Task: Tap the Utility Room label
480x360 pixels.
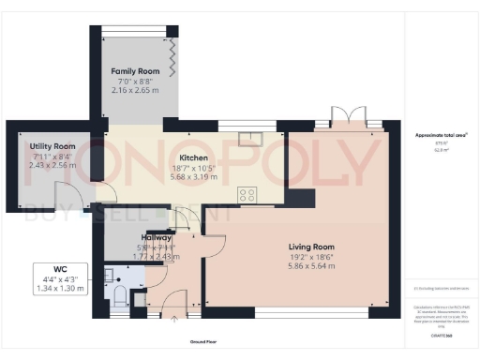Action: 52,147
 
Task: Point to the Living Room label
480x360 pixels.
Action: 310,247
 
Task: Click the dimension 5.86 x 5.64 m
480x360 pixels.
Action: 310,266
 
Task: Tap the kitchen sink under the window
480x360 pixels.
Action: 250,140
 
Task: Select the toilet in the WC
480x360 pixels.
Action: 119,296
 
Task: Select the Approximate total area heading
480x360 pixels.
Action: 441,135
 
